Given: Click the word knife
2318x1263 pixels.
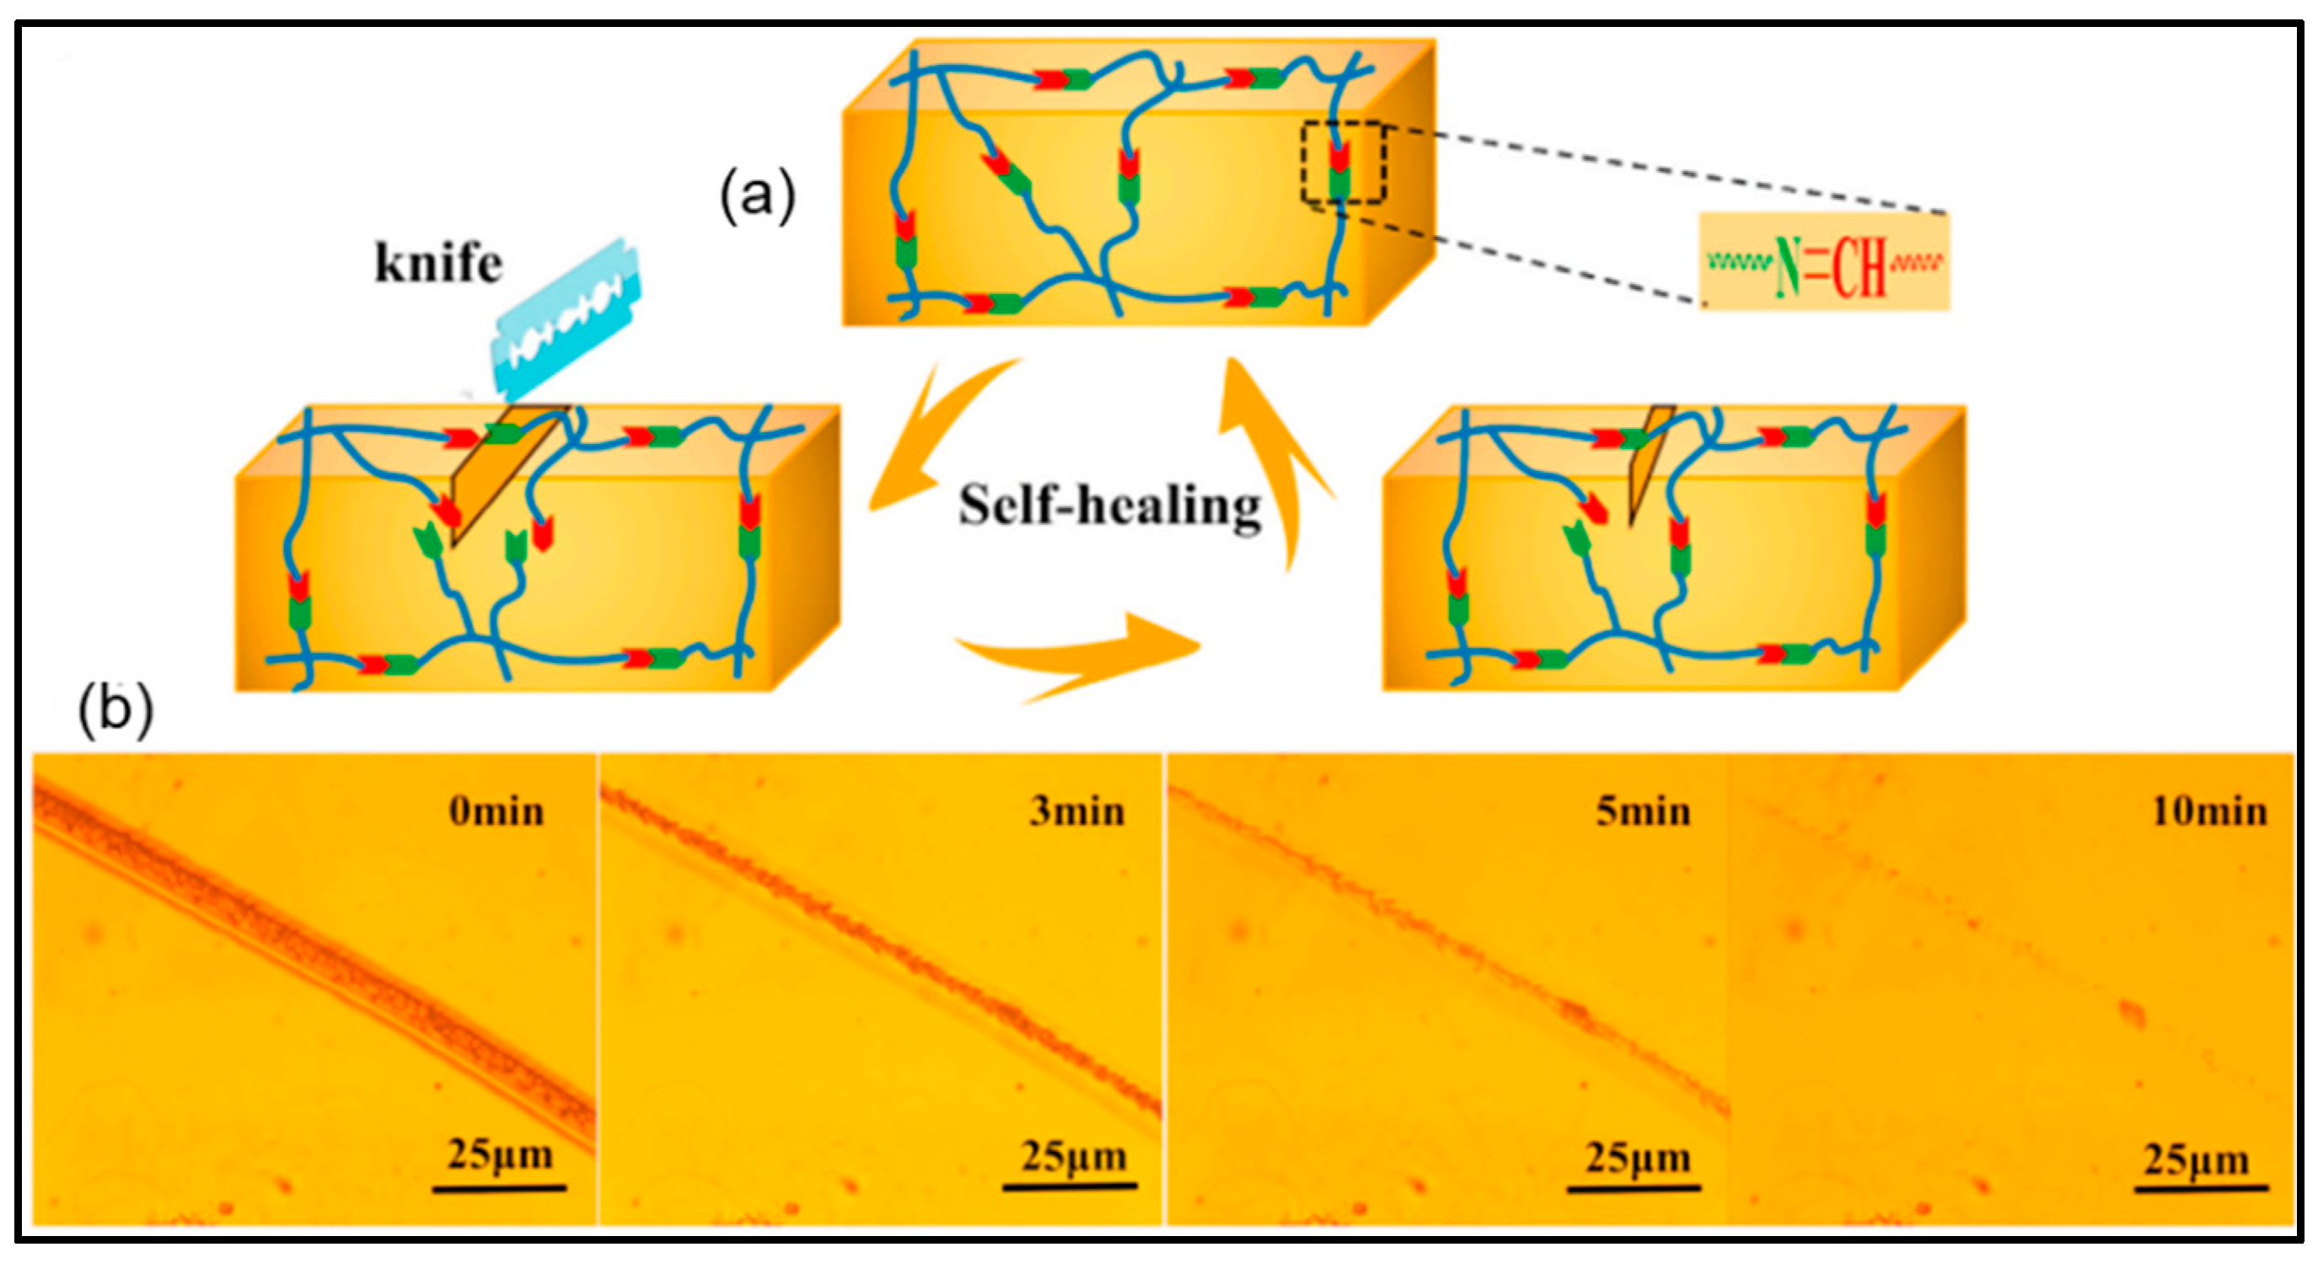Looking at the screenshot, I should pos(438,265).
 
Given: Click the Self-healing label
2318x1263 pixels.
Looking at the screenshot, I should pos(1109,506).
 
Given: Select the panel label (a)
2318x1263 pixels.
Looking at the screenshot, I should pos(758,195).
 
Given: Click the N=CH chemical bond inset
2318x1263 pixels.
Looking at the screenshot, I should pos(1825,263).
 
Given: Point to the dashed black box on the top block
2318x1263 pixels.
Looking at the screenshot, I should pos(1343,163).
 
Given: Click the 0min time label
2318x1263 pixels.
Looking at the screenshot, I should pos(496,812).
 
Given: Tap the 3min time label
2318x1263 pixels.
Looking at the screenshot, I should pos(1077,812).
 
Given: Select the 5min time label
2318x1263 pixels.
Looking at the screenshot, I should pos(1643,812).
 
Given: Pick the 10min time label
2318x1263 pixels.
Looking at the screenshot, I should pos(2209,812).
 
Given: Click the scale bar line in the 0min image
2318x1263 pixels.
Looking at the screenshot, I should pos(499,1189).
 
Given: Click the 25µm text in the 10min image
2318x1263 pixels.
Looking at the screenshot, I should pos(2196,1160).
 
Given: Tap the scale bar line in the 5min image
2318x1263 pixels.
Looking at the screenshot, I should pos(1634,1189).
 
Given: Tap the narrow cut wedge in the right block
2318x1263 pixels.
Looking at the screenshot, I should pos(1647,459).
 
